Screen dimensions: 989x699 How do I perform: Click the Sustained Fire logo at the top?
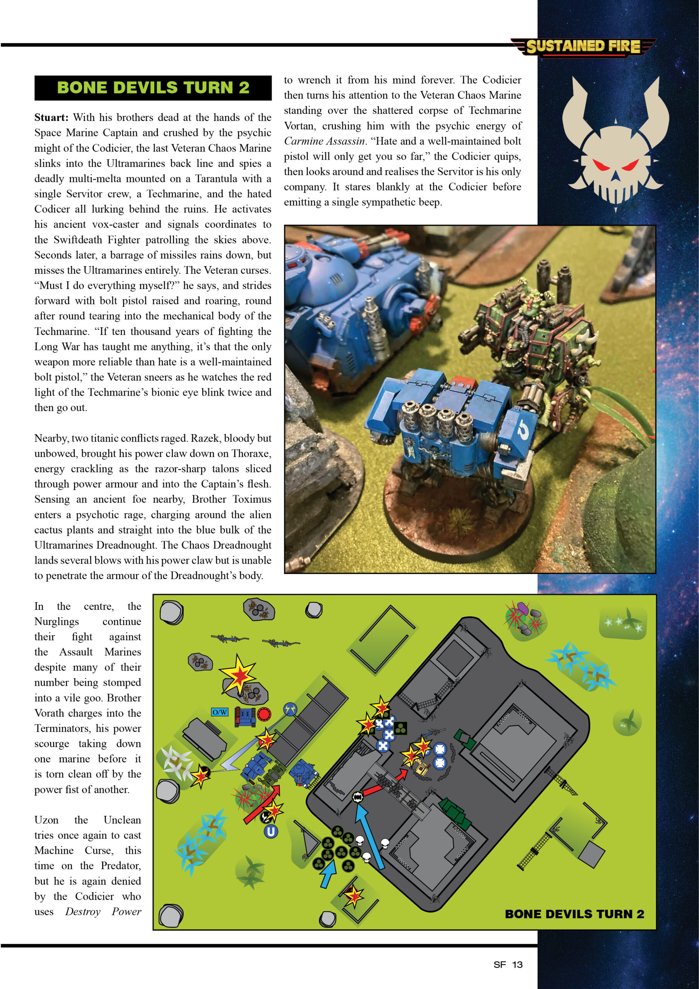coord(583,46)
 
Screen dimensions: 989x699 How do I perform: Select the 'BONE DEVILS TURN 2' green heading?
coord(153,87)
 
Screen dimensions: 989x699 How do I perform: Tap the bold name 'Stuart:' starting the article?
coord(51,117)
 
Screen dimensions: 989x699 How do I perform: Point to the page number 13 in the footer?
coord(517,964)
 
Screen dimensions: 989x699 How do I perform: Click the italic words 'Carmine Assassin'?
coord(324,141)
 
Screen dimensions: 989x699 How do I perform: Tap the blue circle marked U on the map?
coord(271,831)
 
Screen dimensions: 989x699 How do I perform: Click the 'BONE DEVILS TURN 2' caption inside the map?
coord(574,914)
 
